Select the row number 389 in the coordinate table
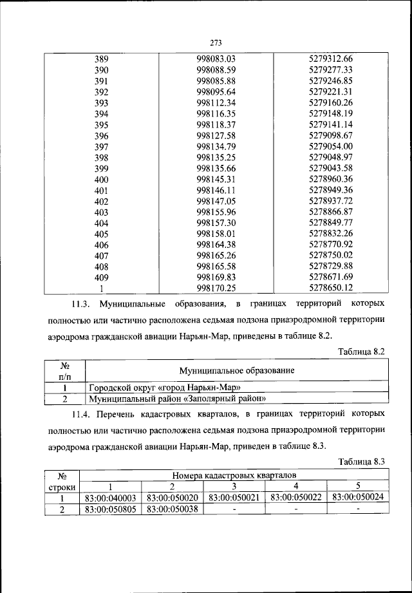(x=102, y=59)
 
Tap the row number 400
(x=102, y=179)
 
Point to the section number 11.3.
(x=83, y=303)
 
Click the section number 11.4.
(x=83, y=411)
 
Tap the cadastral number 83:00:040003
(x=110, y=498)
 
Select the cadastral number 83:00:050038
(x=172, y=509)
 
